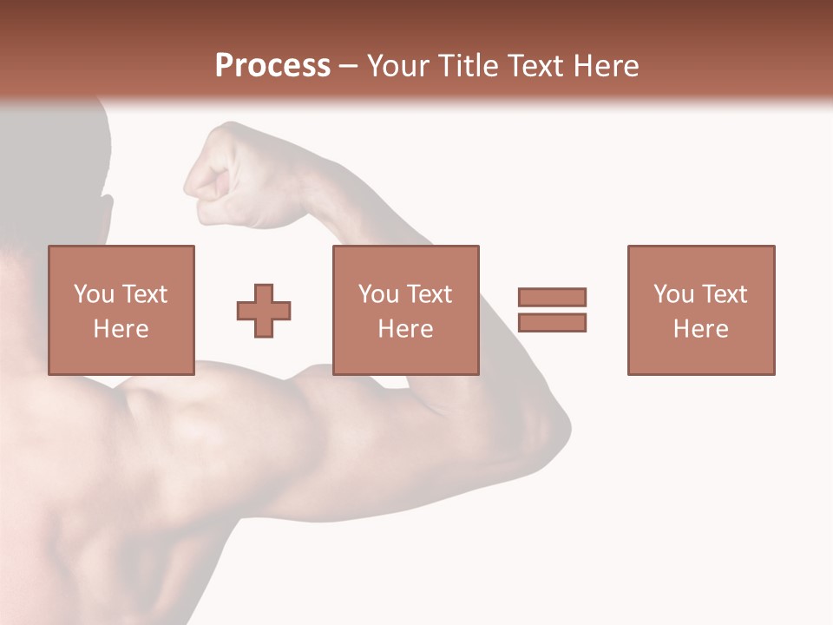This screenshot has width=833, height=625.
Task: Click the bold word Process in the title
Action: [x=272, y=66]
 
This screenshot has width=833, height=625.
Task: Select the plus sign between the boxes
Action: [x=264, y=311]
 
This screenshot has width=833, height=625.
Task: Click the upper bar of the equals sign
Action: [x=552, y=297]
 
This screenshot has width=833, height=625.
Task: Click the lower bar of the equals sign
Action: [x=552, y=322]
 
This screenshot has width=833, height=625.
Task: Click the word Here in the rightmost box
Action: [x=700, y=329]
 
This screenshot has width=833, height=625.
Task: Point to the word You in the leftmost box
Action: [x=94, y=294]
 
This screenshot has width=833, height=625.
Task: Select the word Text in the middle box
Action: [x=428, y=294]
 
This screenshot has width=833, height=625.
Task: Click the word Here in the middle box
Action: [x=405, y=329]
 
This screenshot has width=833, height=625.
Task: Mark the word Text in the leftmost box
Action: [x=143, y=294]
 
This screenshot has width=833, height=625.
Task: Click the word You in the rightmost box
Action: [x=673, y=294]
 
